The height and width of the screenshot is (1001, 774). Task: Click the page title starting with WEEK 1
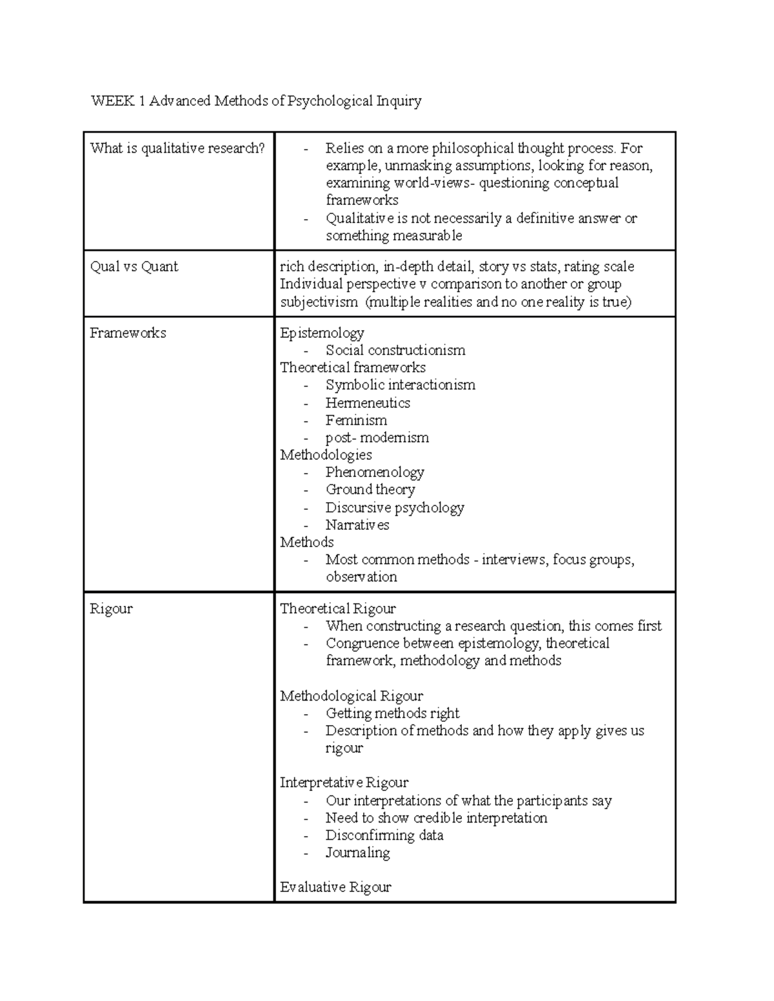(x=256, y=101)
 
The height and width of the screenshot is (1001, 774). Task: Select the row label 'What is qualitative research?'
(x=177, y=148)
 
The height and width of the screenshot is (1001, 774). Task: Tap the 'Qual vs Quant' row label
(x=134, y=267)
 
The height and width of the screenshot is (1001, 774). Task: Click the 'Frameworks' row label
(x=128, y=333)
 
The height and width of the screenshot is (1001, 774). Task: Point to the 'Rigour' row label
(x=111, y=609)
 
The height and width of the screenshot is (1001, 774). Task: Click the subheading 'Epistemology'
(x=322, y=333)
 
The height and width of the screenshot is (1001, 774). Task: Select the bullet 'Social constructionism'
(x=395, y=351)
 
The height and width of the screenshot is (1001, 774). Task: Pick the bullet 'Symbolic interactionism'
(x=400, y=385)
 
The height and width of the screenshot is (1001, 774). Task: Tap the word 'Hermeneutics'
(x=368, y=403)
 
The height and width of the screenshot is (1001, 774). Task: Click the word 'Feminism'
(x=356, y=420)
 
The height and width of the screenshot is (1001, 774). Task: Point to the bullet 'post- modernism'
(x=377, y=438)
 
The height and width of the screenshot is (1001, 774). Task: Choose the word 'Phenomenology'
(x=375, y=472)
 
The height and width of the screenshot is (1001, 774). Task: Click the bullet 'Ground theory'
(x=370, y=490)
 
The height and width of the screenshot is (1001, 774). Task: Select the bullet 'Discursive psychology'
(x=394, y=508)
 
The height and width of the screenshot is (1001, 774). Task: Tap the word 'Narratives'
(x=357, y=525)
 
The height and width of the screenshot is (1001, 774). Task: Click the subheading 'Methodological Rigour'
(x=352, y=696)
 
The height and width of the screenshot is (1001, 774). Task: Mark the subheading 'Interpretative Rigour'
(x=344, y=782)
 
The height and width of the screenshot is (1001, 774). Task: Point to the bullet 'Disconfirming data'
(x=384, y=835)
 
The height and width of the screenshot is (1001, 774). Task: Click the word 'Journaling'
(x=357, y=853)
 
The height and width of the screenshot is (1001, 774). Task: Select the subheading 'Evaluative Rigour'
(x=335, y=888)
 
